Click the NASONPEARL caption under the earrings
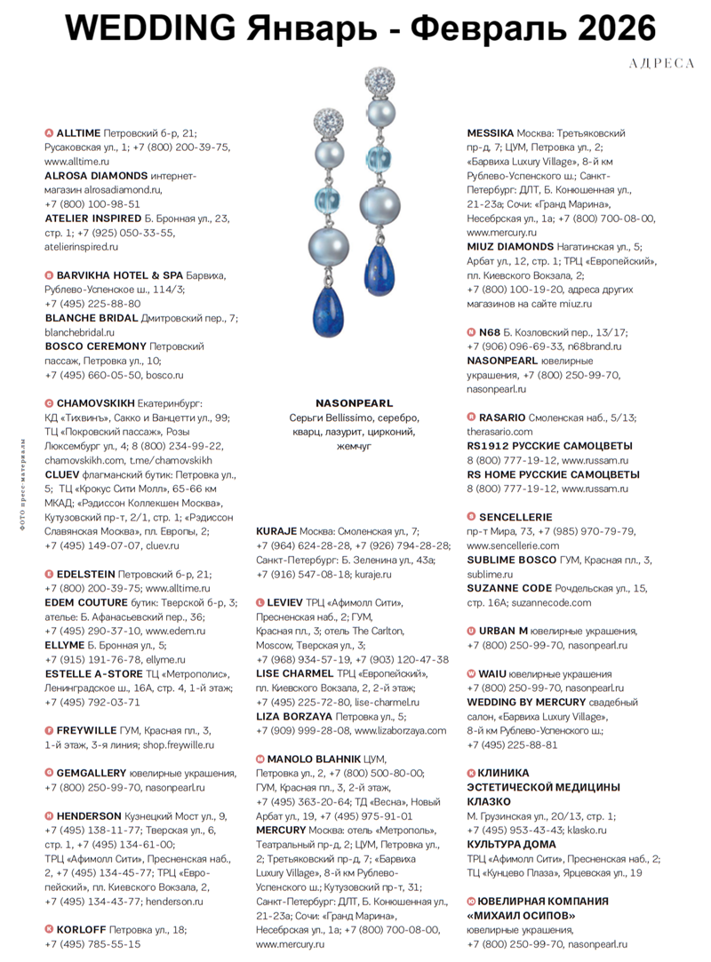tap(354, 403)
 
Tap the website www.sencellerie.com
tap(512, 545)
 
